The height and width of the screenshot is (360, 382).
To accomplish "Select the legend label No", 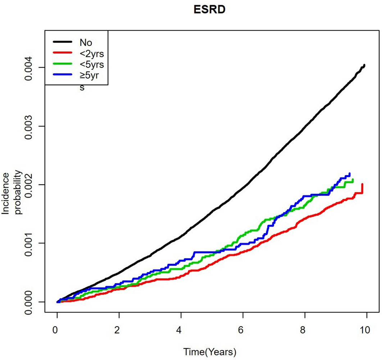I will click(86, 43).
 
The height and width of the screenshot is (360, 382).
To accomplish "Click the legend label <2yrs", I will click(92, 54).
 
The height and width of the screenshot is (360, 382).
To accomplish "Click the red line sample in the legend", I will click(63, 54).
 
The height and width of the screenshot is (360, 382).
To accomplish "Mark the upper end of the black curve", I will click(364, 65).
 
